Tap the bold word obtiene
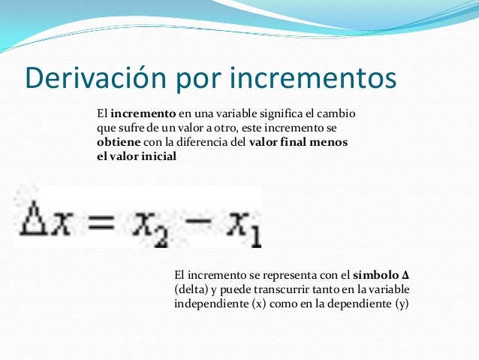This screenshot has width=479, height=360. click(x=117, y=143)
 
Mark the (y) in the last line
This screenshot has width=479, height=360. click(x=401, y=304)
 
